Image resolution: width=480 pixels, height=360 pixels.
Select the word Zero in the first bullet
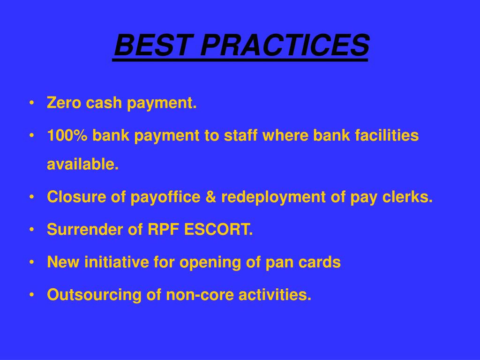tap(64, 103)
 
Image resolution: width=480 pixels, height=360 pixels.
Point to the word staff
tap(240, 135)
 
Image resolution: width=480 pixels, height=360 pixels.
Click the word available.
tap(82, 164)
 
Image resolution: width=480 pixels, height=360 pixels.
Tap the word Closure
tap(76, 196)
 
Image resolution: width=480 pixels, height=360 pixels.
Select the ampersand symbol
tap(210, 196)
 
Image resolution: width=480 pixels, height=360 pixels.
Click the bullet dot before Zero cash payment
tap(31, 103)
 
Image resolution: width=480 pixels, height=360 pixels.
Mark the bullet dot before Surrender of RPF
tap(31, 230)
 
